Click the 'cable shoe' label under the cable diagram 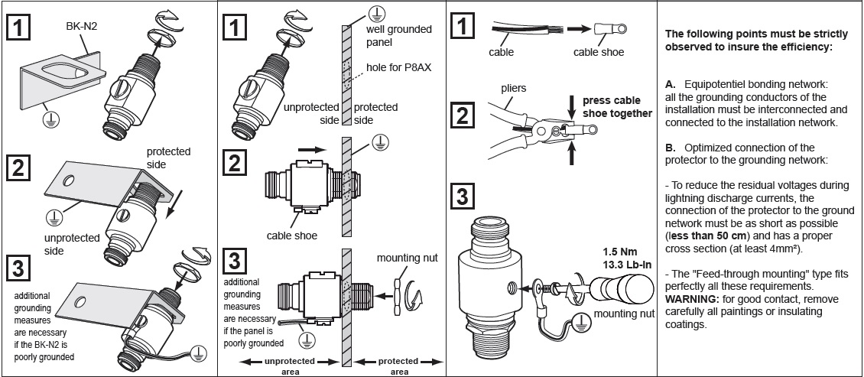point(599,53)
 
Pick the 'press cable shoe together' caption point(617,107)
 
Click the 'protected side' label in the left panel point(168,157)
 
